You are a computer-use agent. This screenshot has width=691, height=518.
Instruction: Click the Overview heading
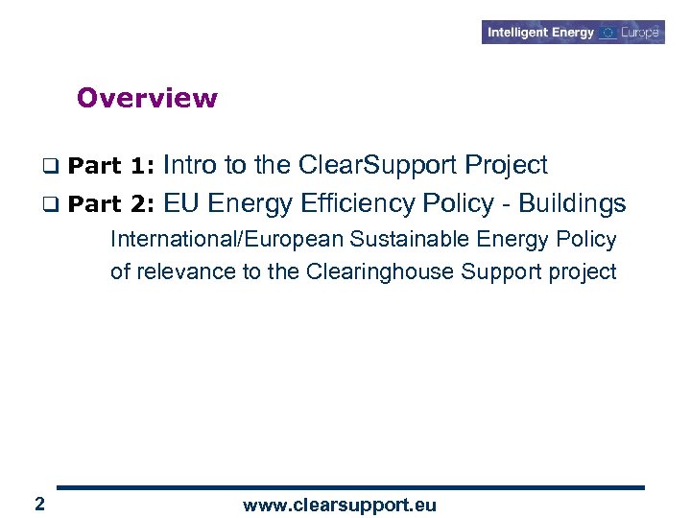click(147, 98)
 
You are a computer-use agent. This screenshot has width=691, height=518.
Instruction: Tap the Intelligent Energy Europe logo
click(573, 33)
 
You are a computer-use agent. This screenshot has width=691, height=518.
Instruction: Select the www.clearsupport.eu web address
click(339, 506)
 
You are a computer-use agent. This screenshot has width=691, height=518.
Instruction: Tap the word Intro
click(190, 165)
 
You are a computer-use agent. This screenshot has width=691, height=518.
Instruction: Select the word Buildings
click(572, 203)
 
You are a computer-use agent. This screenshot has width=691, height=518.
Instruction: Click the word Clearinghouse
click(380, 271)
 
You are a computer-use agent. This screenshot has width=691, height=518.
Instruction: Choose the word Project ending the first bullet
click(506, 166)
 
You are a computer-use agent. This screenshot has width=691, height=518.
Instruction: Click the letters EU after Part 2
click(181, 203)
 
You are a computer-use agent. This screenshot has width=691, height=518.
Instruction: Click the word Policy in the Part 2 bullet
click(450, 203)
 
